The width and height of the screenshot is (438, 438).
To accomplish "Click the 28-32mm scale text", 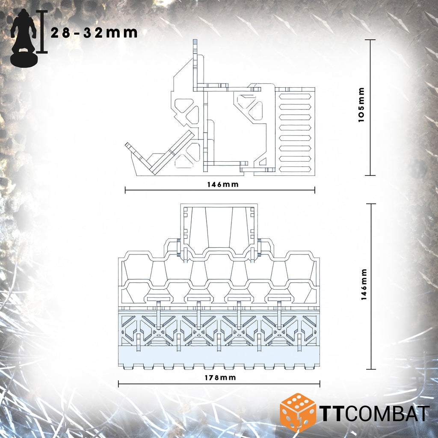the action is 94,33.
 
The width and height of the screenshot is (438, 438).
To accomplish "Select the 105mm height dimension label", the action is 361,105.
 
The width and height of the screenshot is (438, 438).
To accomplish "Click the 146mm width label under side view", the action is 223,184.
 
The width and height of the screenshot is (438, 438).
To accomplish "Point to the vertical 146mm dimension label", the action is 364,284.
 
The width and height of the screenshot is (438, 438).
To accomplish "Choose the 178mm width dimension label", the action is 220,378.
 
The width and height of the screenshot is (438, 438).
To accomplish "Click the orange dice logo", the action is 298,413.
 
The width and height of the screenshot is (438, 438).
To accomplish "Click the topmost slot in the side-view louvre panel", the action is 295,97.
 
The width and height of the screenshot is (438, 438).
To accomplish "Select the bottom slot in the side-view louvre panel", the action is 295,169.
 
